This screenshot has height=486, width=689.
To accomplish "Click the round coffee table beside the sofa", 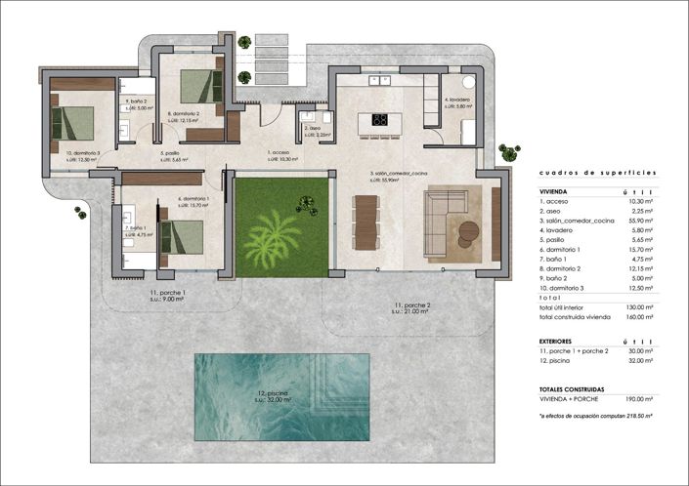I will (469, 231).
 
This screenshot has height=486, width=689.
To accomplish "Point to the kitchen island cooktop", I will (380, 121).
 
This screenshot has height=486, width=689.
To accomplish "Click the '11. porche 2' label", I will (412, 307).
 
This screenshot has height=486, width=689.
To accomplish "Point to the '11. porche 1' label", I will (168, 294).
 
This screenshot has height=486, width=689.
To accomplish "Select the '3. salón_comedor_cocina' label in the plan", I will (398, 174).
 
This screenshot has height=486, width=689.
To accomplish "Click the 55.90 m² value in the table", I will (639, 223).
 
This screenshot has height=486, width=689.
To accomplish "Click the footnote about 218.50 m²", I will (596, 416).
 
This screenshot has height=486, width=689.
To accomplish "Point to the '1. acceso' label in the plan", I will (279, 152).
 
